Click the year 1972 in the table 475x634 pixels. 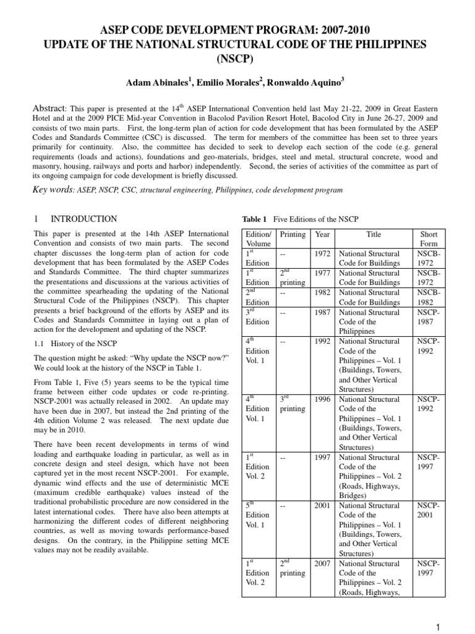(x=322, y=254)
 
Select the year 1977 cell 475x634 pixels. (x=322, y=272)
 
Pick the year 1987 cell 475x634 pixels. (x=322, y=313)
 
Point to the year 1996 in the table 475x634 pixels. (x=322, y=400)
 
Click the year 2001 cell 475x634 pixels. (x=322, y=506)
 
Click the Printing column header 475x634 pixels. (x=293, y=235)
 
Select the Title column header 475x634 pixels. (x=374, y=235)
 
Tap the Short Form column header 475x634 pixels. (x=429, y=240)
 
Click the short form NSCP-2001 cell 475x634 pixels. (x=429, y=511)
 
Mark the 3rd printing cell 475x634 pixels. (x=292, y=404)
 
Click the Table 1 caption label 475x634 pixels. (x=253, y=219)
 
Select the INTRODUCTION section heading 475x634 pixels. (x=83, y=219)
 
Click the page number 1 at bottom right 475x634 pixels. (x=438, y=627)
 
